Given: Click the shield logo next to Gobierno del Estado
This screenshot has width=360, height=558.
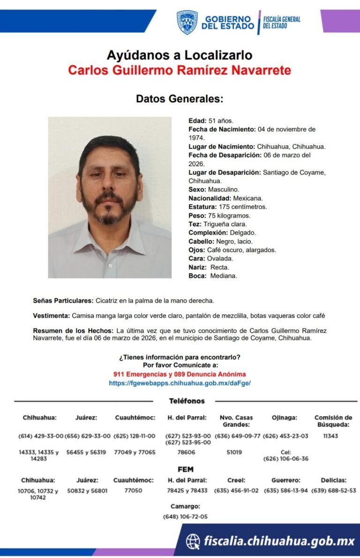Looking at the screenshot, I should (187, 22).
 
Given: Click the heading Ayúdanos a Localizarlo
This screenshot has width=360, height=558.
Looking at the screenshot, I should (180, 55).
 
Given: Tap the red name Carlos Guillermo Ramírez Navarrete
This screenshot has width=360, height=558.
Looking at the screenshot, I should (180, 70).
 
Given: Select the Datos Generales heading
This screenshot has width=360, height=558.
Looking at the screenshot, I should (180, 99).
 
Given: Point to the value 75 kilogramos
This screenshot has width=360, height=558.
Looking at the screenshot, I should (229, 216).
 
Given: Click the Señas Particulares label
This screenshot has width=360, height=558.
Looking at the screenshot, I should (63, 300).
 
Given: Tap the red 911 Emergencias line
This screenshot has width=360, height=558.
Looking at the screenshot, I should (180, 374).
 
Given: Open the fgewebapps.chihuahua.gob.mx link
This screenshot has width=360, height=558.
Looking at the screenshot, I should (180, 383).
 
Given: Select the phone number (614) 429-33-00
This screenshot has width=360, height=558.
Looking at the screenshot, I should (41, 436).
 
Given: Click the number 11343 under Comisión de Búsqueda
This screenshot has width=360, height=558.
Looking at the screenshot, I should (330, 436).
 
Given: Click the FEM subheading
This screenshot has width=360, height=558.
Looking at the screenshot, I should (186, 469).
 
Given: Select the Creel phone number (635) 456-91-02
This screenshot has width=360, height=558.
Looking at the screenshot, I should (236, 491).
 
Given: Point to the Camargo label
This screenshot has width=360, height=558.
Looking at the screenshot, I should (185, 506).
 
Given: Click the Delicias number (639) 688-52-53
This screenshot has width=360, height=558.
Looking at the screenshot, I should (334, 491).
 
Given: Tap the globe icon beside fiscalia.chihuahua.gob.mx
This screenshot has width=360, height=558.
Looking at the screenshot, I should (193, 542).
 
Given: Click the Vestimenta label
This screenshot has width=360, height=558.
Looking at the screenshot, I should (52, 315).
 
